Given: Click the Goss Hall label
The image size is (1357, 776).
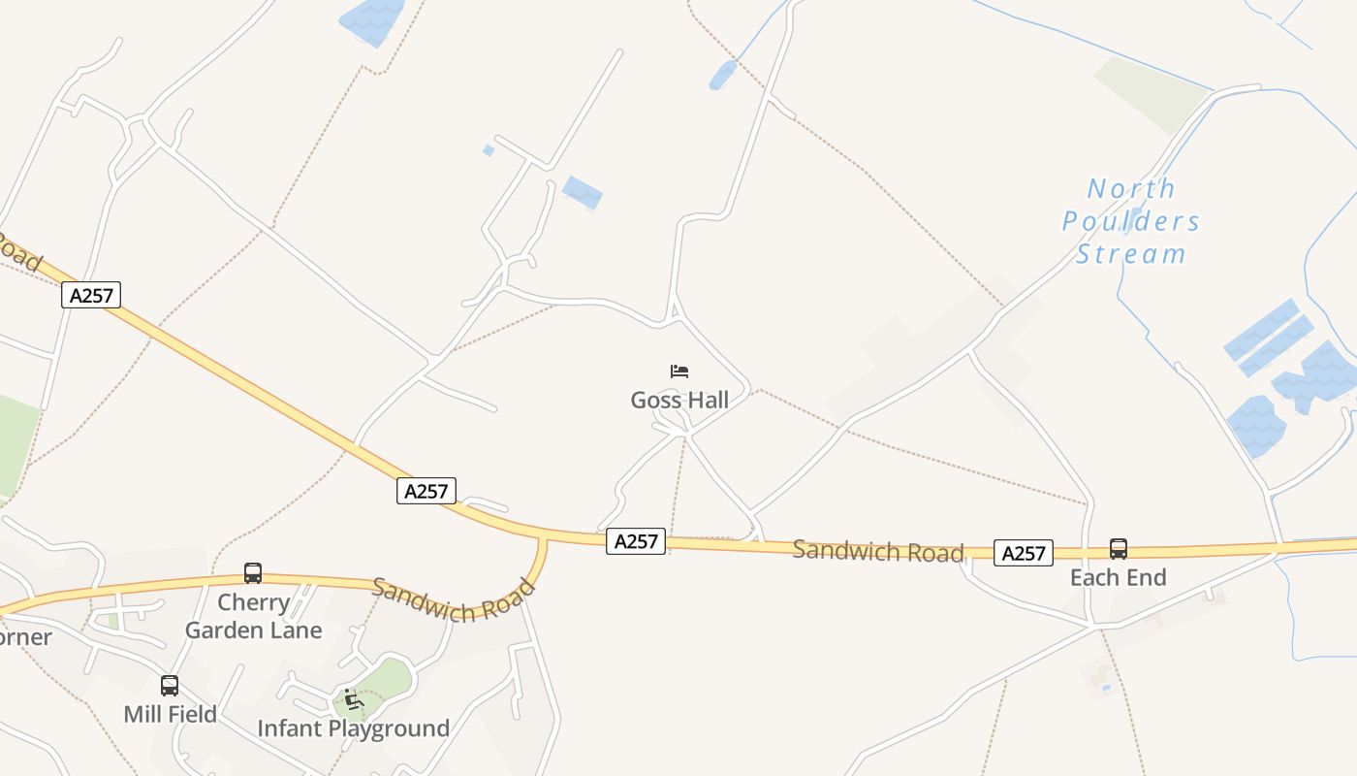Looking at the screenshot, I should [x=679, y=400].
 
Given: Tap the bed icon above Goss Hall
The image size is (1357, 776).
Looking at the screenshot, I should [x=679, y=372].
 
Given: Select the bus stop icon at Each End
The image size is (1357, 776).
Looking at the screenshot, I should [x=1119, y=549].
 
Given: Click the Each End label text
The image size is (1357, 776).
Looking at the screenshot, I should [x=1118, y=578].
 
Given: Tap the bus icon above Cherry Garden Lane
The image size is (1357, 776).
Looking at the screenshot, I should [x=253, y=573].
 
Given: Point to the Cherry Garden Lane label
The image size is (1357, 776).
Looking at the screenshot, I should [x=253, y=616].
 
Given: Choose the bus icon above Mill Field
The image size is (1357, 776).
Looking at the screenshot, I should [x=170, y=687].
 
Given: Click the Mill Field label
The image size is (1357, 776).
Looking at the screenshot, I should [x=170, y=715].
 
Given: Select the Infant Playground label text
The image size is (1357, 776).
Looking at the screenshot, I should [x=353, y=728].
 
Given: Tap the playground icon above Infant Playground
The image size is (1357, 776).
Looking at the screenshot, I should [x=352, y=699].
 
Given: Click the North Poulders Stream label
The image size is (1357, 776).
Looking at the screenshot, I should [x=1131, y=221].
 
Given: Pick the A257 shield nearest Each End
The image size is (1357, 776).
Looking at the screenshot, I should [x=1024, y=553].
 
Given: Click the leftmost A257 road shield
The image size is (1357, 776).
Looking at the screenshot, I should [x=91, y=295].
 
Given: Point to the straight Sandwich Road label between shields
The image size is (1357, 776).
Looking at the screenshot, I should [x=878, y=551].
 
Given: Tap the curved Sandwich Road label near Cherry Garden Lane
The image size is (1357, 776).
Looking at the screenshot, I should [x=454, y=599].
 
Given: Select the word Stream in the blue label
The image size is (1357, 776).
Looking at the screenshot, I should [x=1131, y=254].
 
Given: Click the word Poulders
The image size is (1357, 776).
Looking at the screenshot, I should [x=1131, y=221].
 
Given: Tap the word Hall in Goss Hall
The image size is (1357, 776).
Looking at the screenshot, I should [x=706, y=400].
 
